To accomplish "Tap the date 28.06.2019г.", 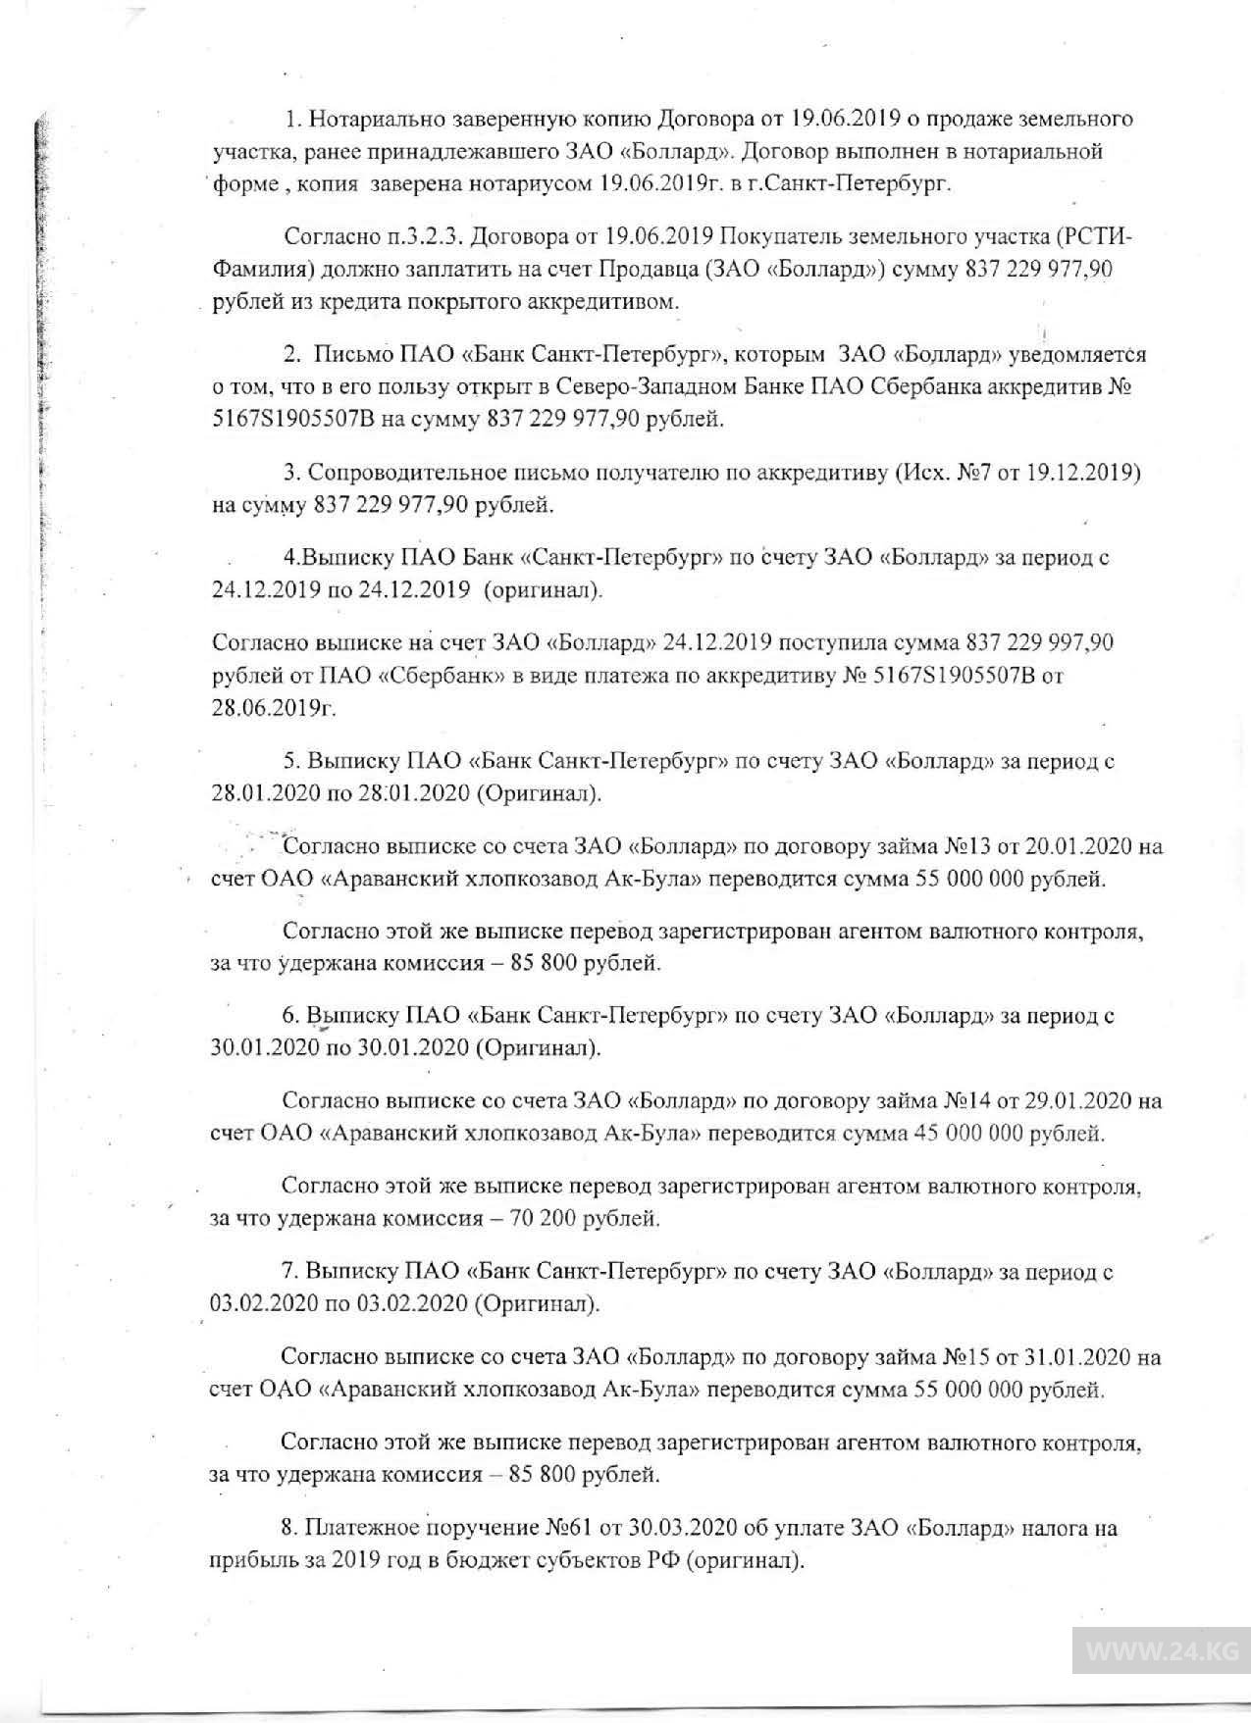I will coord(273,708).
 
